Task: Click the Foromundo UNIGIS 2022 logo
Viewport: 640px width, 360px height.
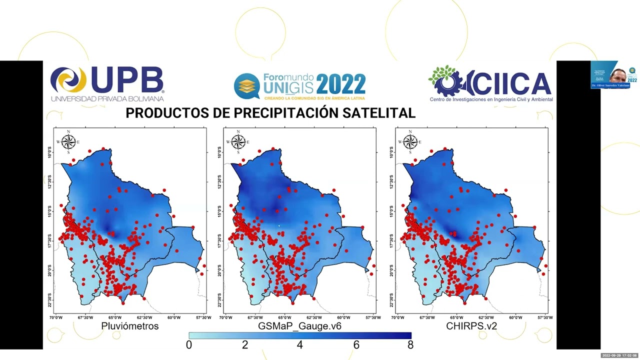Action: (x=299, y=85)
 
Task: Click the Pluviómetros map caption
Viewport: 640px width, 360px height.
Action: (x=130, y=326)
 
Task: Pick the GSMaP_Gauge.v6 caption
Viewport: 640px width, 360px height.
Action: (x=299, y=326)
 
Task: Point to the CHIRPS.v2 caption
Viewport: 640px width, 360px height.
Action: (x=471, y=326)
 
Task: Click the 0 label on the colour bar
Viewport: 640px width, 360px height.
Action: (x=189, y=344)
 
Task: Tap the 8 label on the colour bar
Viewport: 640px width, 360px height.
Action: (x=410, y=344)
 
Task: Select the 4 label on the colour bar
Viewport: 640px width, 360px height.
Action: (x=300, y=344)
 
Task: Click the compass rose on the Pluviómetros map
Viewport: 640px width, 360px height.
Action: (x=68, y=142)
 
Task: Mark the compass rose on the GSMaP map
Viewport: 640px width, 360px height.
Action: (x=238, y=142)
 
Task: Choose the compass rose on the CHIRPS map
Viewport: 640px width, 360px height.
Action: (x=410, y=142)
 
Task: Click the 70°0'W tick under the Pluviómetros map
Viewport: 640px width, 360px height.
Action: (x=56, y=317)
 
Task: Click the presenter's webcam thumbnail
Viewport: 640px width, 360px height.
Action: (x=610, y=75)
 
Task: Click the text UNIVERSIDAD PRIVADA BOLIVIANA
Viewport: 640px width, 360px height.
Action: (x=107, y=99)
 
